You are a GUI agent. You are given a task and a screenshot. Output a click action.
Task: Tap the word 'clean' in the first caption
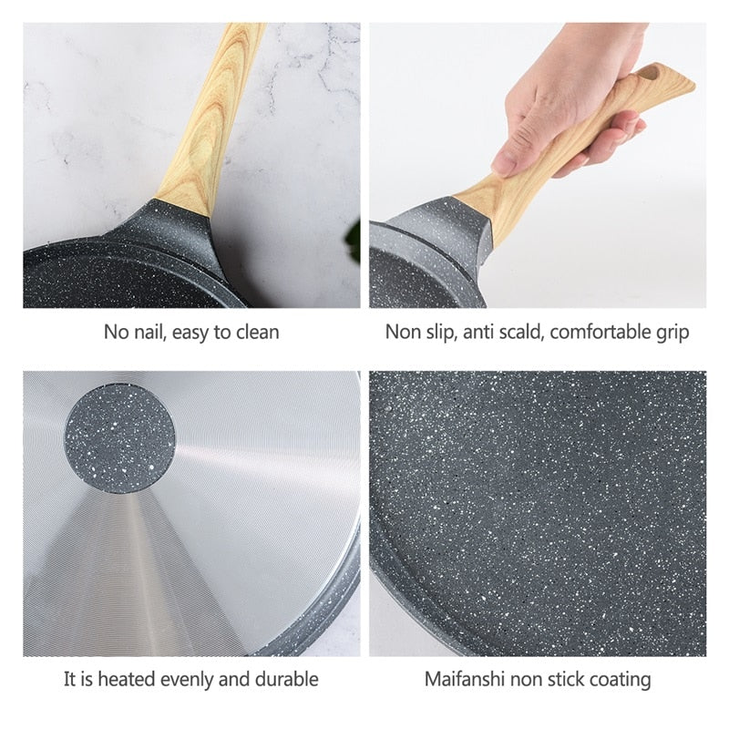click(257, 333)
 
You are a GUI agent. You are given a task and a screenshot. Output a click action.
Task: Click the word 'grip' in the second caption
click(672, 333)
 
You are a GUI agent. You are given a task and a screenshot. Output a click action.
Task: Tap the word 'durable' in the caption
click(284, 679)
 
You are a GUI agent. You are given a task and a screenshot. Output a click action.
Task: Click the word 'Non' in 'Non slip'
click(402, 333)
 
